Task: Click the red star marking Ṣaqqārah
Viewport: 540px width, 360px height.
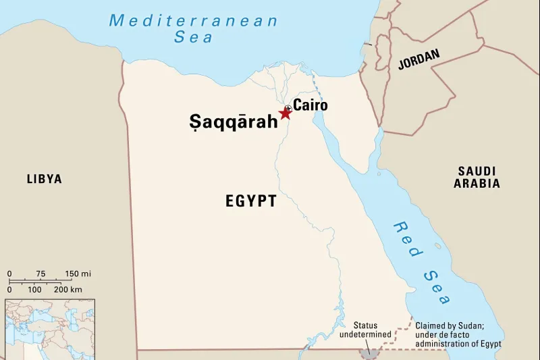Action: click(x=285, y=113)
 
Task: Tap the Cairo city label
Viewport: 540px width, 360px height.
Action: click(x=310, y=105)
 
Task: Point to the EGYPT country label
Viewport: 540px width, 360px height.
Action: click(x=251, y=201)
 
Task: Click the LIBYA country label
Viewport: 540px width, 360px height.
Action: click(x=45, y=179)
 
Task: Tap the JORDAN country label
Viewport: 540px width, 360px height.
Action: click(x=418, y=59)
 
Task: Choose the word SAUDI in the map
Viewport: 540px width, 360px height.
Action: click(x=477, y=171)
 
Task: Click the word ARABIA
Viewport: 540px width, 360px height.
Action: click(x=477, y=183)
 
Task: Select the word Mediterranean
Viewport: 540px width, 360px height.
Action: click(x=193, y=20)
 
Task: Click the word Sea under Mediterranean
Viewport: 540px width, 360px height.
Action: click(x=194, y=37)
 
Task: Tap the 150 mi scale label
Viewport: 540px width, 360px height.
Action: click(x=78, y=274)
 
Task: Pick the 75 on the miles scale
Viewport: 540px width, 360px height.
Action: click(x=40, y=274)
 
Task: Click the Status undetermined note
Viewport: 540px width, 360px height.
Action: click(x=365, y=330)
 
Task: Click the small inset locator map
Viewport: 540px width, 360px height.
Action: click(x=50, y=329)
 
